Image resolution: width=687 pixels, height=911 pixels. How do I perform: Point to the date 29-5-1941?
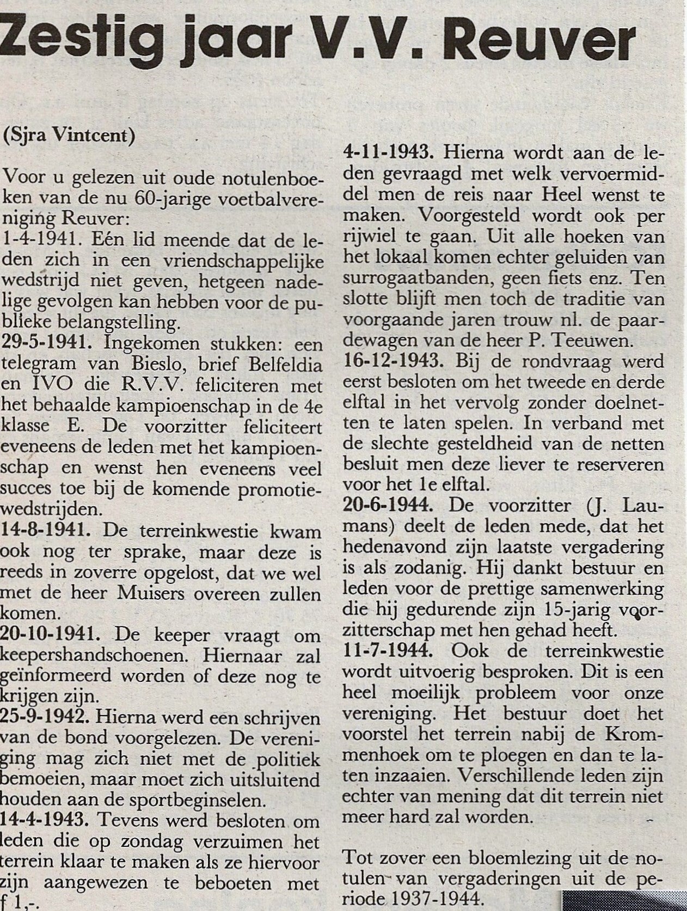coord(47,345)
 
